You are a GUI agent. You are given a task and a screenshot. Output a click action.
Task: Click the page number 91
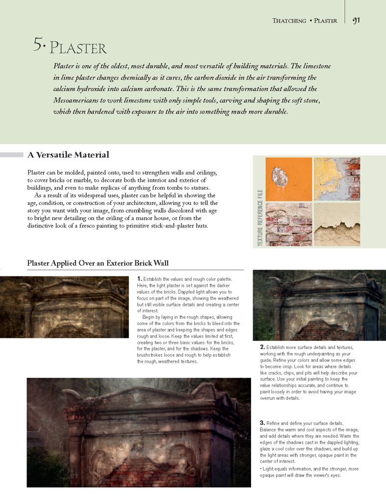[357, 20]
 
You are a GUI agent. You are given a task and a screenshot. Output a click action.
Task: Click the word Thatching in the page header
[289, 21]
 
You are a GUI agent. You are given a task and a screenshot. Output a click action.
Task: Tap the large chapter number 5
[39, 46]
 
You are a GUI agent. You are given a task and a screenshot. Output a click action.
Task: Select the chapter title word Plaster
[78, 49]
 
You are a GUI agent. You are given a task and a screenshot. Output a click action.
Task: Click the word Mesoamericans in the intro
[80, 100]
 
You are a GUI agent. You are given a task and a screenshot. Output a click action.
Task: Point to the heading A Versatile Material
[68, 155]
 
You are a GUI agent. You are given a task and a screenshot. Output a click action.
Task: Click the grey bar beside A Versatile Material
[12, 155]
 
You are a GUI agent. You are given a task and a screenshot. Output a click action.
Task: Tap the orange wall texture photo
[288, 178]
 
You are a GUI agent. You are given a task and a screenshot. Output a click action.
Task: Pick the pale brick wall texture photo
[288, 225]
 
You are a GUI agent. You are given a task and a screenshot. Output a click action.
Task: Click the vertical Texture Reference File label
[259, 218]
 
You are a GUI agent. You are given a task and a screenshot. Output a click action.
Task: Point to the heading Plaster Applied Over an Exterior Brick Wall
[98, 264]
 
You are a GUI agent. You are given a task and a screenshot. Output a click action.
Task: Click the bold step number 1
[140, 279]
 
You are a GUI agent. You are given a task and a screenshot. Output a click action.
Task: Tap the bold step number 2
[262, 348]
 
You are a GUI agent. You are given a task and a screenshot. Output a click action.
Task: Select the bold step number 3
[262, 423]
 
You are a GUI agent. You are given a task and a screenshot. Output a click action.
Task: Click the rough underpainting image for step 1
[64, 307]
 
